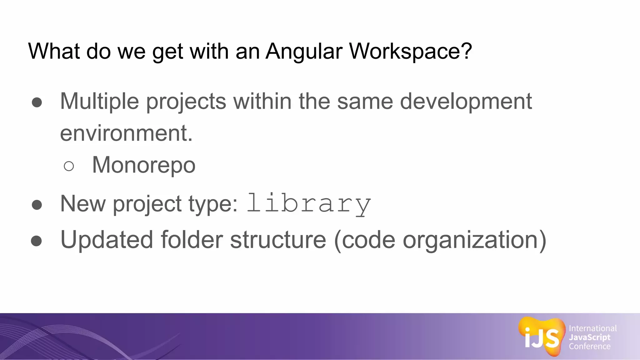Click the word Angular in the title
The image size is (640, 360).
(304, 51)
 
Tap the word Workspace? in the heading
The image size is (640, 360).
(410, 51)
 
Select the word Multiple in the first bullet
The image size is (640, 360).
(99, 102)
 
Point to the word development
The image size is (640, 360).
(466, 102)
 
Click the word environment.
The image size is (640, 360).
(126, 133)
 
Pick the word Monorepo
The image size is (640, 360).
(144, 165)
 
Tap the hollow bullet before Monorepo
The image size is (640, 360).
(69, 166)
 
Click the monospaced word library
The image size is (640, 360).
(309, 204)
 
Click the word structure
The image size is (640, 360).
(278, 240)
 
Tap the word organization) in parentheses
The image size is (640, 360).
(474, 240)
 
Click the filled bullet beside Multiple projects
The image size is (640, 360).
(37, 102)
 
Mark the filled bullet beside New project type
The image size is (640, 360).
(37, 205)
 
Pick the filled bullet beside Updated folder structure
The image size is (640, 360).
(37, 241)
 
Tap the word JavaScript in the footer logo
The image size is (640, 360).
(589, 337)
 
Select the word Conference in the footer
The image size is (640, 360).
(589, 346)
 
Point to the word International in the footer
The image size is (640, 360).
(592, 328)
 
